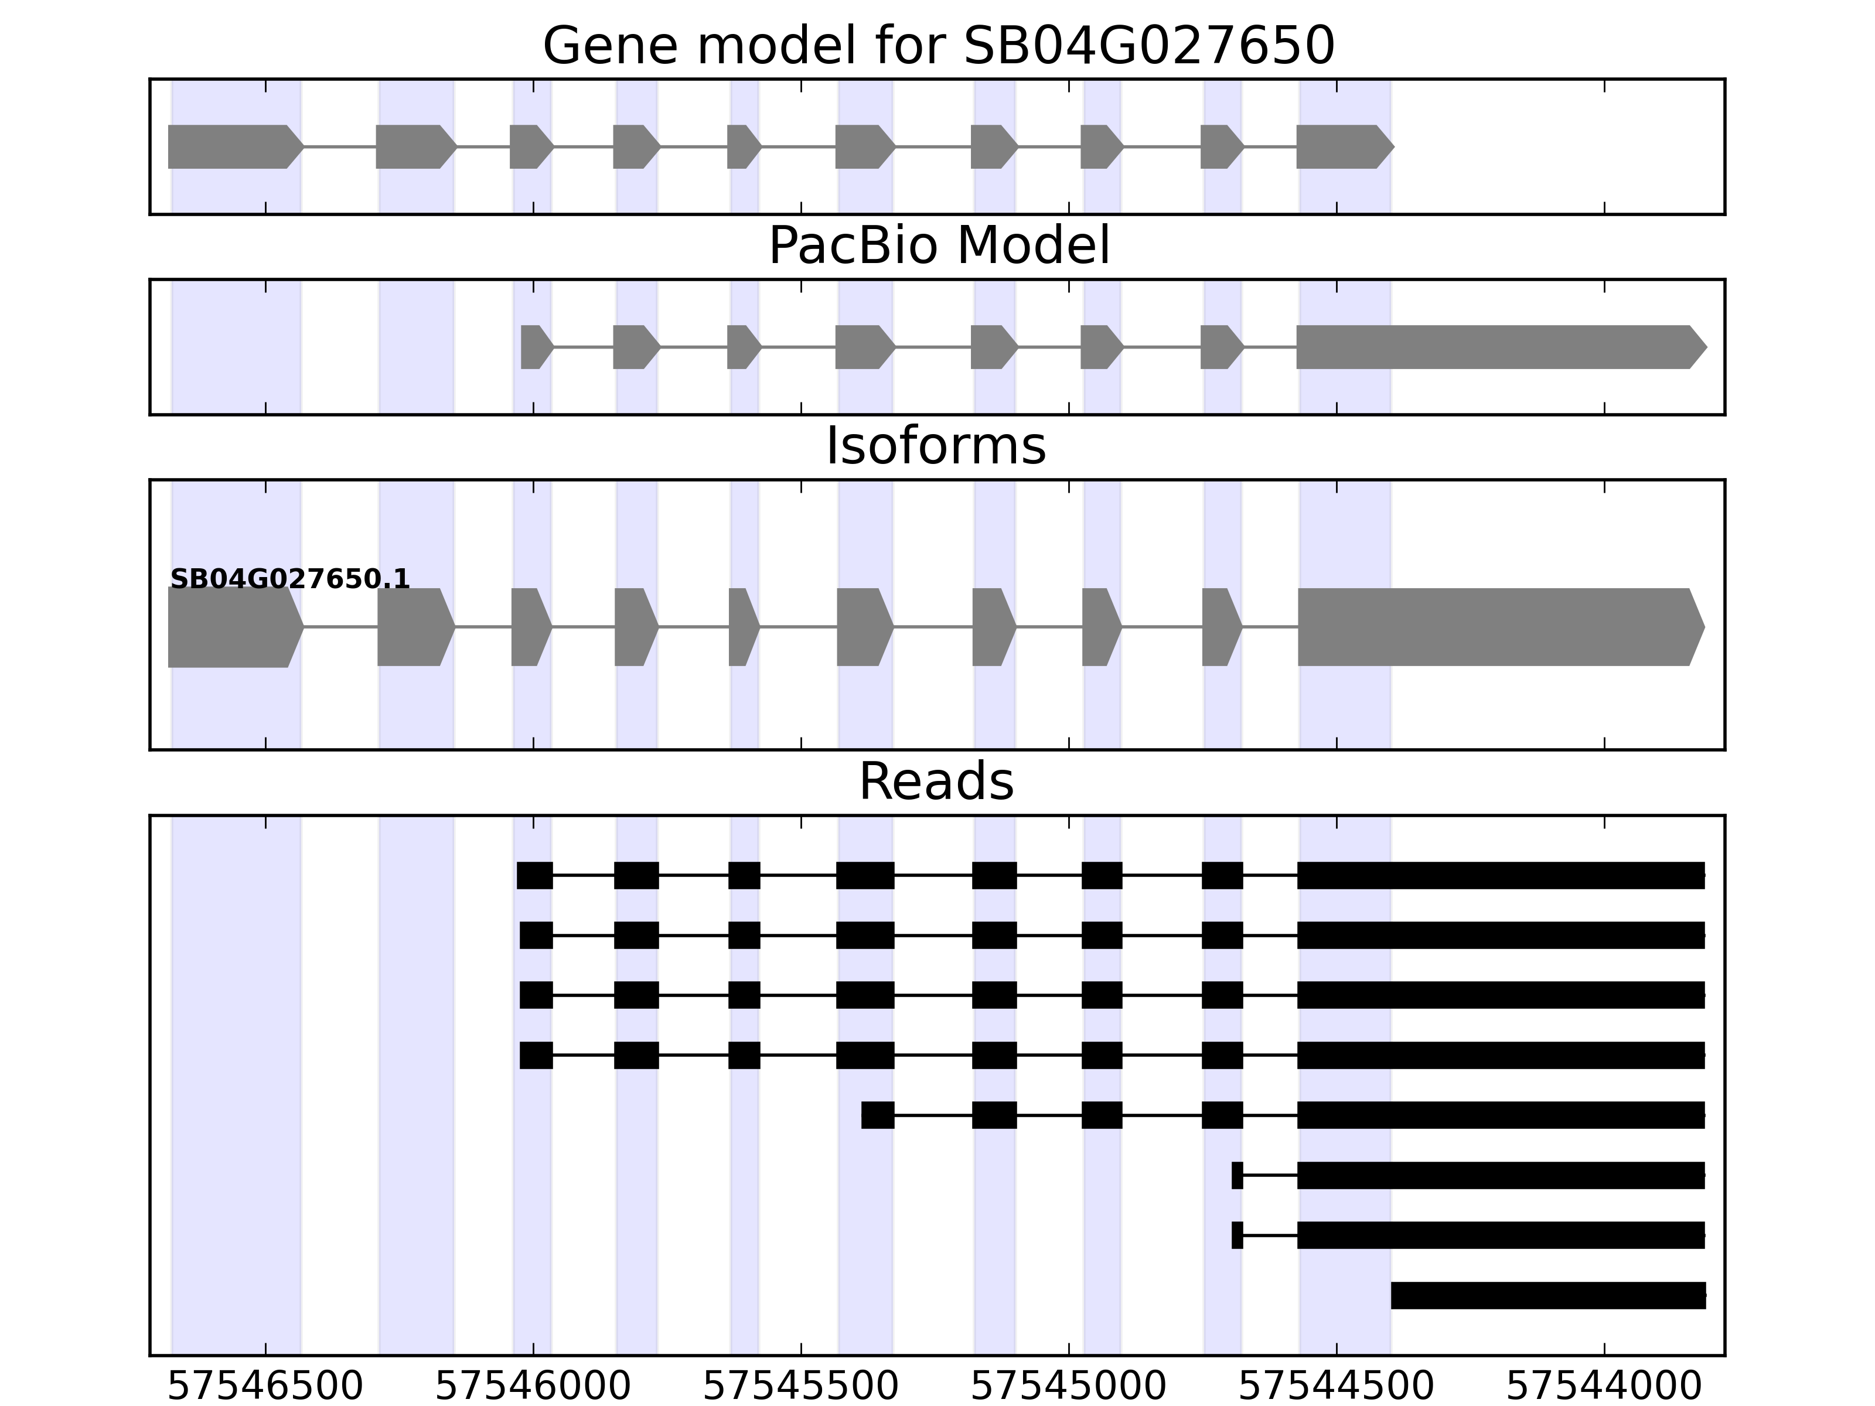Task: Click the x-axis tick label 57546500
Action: coord(265,1387)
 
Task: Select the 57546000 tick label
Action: coord(533,1387)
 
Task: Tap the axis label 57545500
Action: coord(801,1387)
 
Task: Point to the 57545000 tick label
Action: coord(1069,1387)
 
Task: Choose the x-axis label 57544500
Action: coord(1337,1387)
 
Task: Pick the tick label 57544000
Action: coord(1604,1387)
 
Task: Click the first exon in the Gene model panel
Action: coord(233,146)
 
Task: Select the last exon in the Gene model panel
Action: coord(1342,146)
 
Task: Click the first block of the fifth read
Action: coord(877,1115)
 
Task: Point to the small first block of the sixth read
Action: coord(1237,1176)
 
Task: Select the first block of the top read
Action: coord(535,875)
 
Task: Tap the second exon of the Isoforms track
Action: coord(414,627)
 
